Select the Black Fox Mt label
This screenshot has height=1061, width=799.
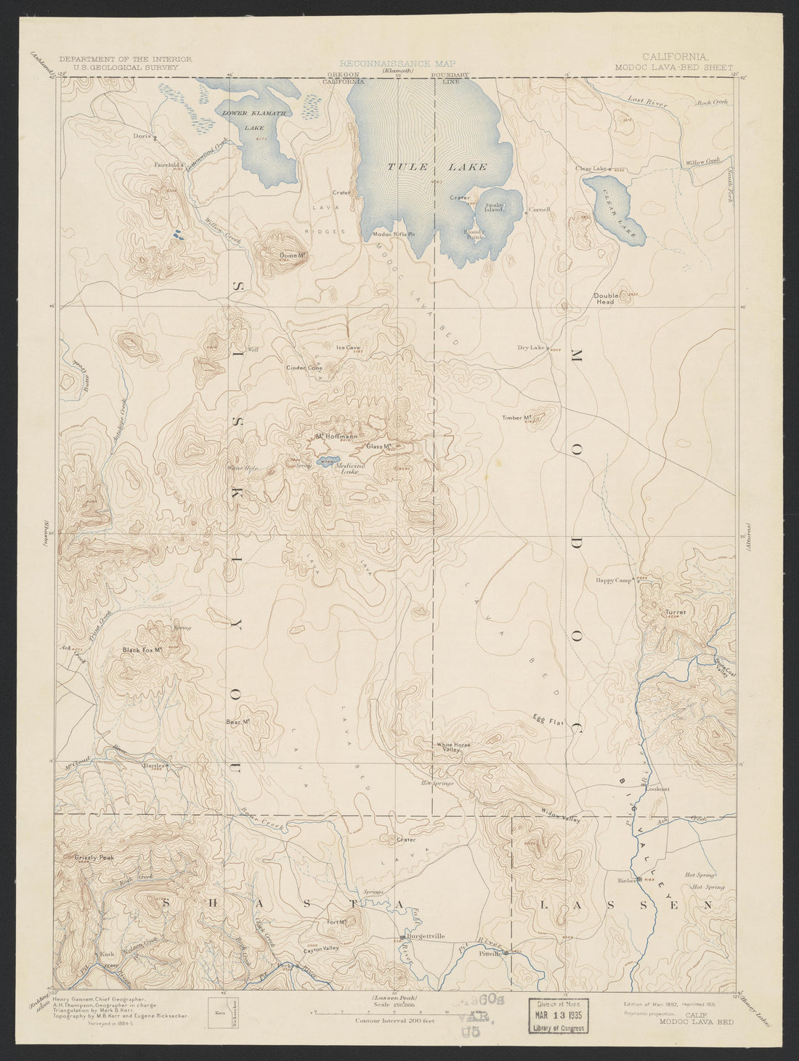tap(141, 650)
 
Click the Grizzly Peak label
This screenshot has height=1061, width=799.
tap(94, 858)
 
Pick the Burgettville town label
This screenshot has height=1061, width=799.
tap(426, 937)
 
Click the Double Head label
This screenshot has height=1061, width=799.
tap(605, 298)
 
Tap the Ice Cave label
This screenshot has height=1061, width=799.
tap(348, 347)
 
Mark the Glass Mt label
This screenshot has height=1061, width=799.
tap(379, 446)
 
